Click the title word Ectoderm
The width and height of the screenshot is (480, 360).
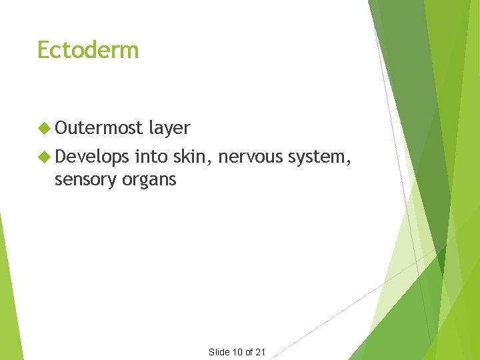point(88,50)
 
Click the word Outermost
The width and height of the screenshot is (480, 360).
point(99,128)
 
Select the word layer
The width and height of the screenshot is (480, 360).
point(169,128)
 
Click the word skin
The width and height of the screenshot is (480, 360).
point(190,157)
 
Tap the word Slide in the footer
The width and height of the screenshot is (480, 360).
point(219,352)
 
